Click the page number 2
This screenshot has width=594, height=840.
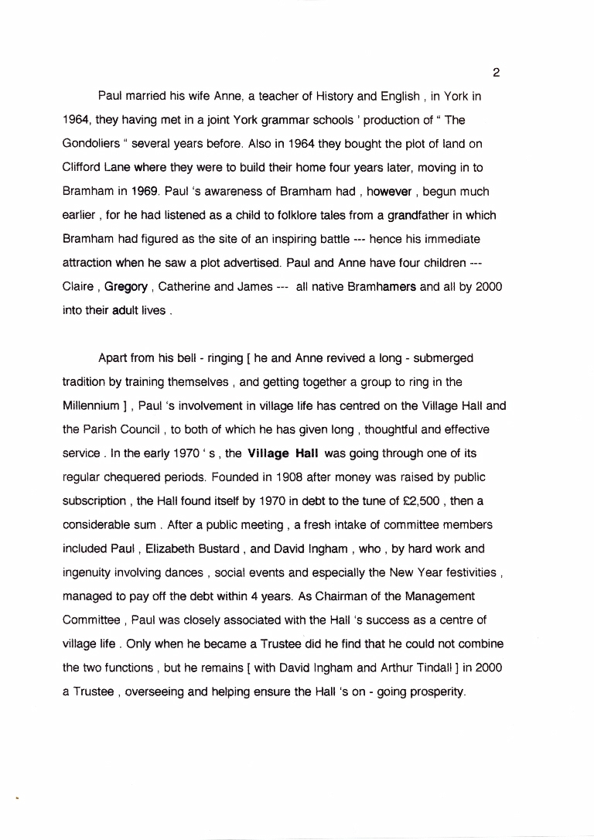click(496, 73)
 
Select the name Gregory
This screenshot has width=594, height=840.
click(126, 286)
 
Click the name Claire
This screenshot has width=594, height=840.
click(78, 286)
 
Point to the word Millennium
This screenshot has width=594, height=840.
click(91, 405)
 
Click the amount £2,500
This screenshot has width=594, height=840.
click(410, 500)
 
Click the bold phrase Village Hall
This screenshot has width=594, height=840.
click(282, 453)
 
